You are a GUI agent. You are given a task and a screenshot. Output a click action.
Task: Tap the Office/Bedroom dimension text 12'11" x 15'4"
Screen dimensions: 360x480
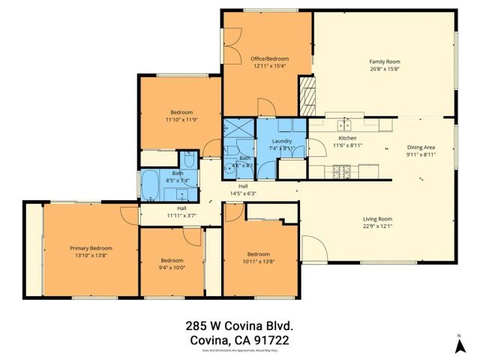[269, 67]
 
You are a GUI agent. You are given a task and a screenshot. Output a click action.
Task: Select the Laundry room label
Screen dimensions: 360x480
[282, 140]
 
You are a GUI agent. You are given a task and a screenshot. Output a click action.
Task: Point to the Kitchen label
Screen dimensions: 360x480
[346, 138]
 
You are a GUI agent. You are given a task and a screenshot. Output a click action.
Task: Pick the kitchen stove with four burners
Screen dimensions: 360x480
[339, 172]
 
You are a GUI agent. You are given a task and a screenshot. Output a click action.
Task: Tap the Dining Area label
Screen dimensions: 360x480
[421, 148]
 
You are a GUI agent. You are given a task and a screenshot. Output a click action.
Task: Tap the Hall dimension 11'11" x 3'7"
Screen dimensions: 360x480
[181, 216]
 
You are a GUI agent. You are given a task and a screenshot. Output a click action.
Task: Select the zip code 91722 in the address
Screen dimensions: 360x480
[270, 340]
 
